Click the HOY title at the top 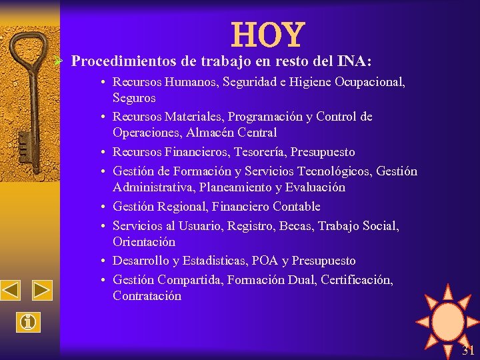tap(268, 35)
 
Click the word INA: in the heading tap(354, 61)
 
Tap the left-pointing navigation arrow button tap(11, 291)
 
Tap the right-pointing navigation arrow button tap(42, 291)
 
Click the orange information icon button tap(27, 322)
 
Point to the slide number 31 tap(468, 351)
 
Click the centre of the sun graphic tap(447, 320)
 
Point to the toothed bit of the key tap(25, 143)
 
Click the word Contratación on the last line tap(147, 296)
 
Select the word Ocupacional tap(371, 82)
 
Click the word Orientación tap(144, 242)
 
